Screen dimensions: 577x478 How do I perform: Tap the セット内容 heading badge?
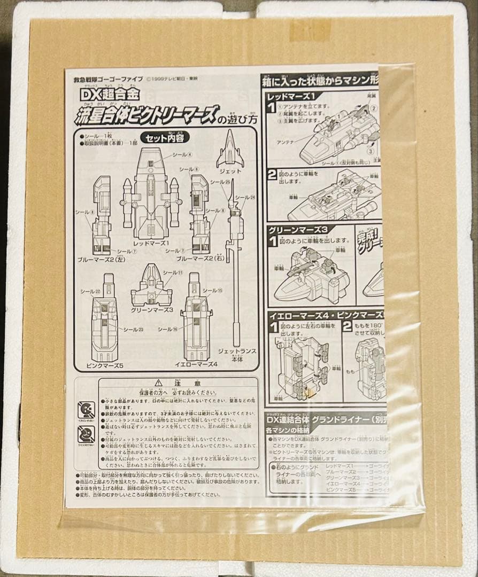164,137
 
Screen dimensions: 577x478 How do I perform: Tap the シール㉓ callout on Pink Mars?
134,330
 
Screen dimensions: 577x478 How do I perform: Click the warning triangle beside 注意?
158,383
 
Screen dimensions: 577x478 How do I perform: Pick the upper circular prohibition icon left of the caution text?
86,410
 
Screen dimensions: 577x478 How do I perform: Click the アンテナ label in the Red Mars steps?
287,142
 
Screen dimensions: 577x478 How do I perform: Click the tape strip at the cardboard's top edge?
310,29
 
